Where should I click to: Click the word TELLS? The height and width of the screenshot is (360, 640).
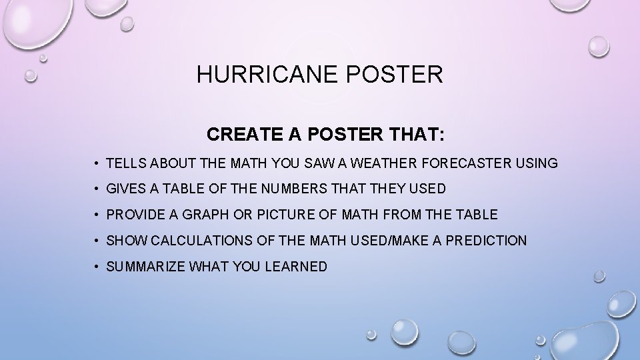click(127, 163)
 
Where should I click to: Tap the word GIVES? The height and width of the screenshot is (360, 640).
click(127, 189)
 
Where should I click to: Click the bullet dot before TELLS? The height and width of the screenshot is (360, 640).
click(97, 164)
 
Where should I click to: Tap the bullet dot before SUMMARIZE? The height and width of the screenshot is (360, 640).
click(97, 267)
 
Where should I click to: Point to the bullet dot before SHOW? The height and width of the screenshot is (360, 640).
click(97, 241)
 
